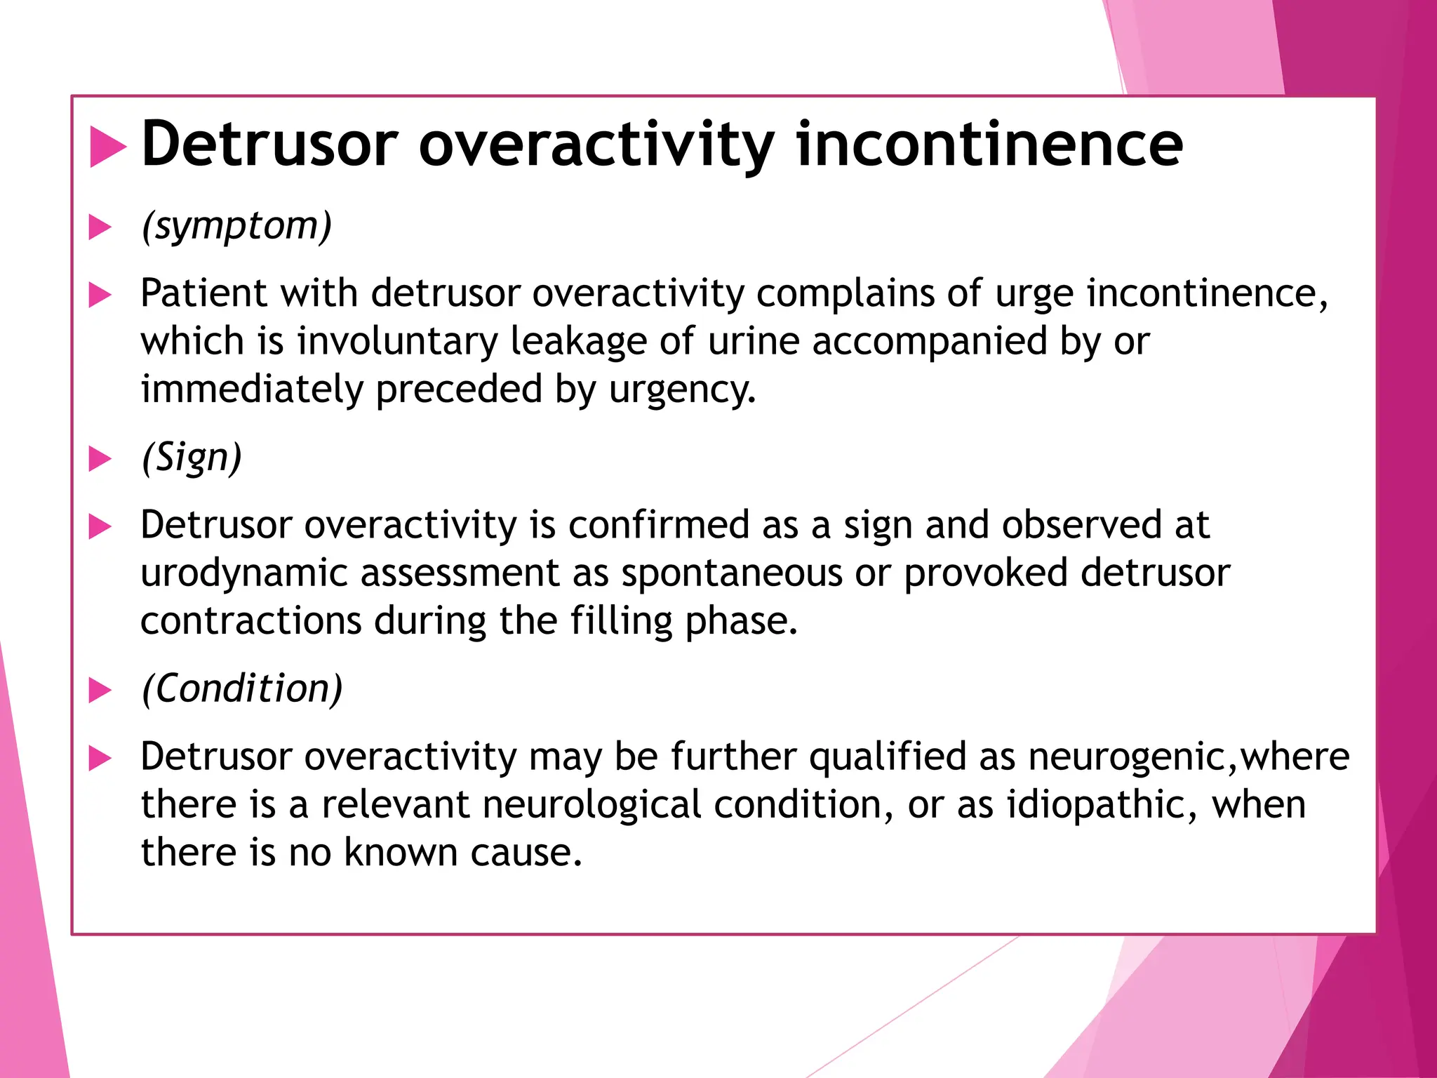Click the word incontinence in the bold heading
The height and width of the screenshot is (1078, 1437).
pos(989,145)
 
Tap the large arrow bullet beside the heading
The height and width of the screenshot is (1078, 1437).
pos(107,147)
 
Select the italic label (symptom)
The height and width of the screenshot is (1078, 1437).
pos(236,227)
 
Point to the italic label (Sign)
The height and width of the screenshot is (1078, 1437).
pos(192,458)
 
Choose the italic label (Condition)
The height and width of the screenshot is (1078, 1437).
pos(242,689)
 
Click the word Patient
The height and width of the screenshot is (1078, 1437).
pos(204,293)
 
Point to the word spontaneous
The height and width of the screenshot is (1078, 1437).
pos(732,574)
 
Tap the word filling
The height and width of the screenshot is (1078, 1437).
pos(622,622)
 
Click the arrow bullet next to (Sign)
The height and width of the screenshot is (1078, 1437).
pos(100,460)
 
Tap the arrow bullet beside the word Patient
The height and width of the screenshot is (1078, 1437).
pos(100,295)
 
